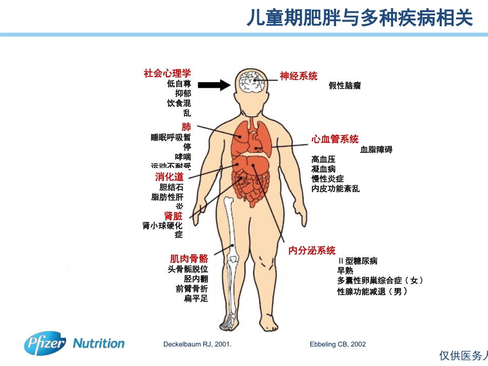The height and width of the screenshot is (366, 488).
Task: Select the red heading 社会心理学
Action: click(x=167, y=73)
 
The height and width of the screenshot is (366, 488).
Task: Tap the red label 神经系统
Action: click(x=298, y=76)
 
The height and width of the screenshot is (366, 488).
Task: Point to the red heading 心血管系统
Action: click(x=335, y=139)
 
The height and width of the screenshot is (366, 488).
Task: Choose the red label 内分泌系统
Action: click(x=312, y=251)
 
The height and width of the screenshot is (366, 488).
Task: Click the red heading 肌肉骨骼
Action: click(x=189, y=259)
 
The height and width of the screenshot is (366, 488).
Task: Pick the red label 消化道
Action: click(x=169, y=177)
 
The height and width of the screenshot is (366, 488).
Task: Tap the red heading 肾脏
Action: click(x=173, y=216)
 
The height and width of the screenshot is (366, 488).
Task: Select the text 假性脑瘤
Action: click(x=345, y=86)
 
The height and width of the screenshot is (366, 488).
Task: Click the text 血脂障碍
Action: click(x=376, y=150)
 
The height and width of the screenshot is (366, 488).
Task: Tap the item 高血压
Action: click(x=323, y=160)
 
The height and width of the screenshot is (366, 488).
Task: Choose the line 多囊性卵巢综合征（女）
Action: click(x=380, y=280)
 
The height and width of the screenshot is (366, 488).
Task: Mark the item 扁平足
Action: click(x=196, y=298)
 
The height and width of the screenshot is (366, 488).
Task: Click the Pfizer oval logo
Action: click(x=45, y=343)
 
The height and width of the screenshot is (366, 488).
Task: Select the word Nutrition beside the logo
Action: click(x=99, y=343)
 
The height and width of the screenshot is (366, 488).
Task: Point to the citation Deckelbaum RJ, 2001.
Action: click(x=197, y=344)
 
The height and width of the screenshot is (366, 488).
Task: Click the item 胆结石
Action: click(x=171, y=187)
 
